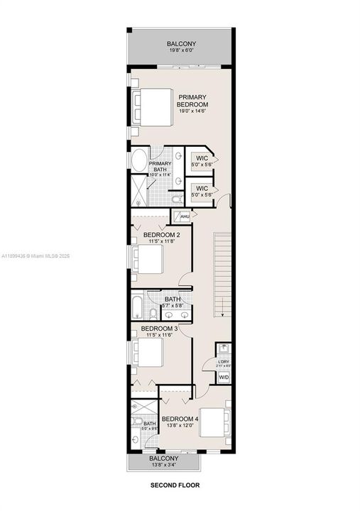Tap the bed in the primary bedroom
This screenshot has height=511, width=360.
tap(152, 106)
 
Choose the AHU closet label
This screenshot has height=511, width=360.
tap(184, 216)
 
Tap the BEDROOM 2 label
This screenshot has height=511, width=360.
tap(162, 235)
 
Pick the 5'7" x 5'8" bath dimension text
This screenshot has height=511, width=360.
tap(173, 306)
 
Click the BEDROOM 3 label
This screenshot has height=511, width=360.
tap(159, 329)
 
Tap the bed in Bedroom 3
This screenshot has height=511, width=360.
tap(150, 353)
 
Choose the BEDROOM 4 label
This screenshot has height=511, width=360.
tap(180, 419)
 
